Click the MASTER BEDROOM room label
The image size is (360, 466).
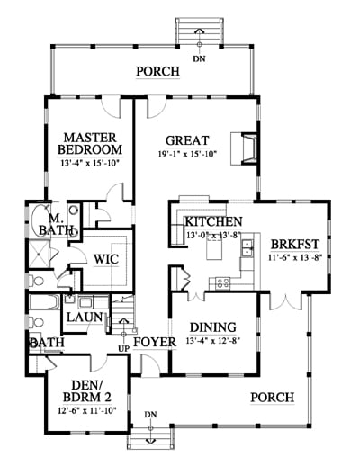(x=90, y=144)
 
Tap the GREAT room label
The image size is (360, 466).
(x=187, y=140)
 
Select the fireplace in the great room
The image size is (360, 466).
(x=244, y=148)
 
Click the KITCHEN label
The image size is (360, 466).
(x=213, y=221)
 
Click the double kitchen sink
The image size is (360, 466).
(x=247, y=248)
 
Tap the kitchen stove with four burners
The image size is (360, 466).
(x=223, y=282)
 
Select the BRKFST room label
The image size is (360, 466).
(x=295, y=245)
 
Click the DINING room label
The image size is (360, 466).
(x=213, y=327)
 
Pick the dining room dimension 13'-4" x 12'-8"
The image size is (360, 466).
(x=213, y=341)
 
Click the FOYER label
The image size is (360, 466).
(x=155, y=342)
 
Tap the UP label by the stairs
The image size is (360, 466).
(x=124, y=349)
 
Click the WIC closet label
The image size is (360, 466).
(x=106, y=259)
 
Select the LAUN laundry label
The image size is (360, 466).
(x=85, y=317)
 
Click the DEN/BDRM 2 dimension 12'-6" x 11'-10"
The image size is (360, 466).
(x=87, y=410)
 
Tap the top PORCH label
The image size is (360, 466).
(x=158, y=72)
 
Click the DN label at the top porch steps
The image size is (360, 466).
(x=199, y=58)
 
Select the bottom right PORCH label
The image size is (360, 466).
(x=273, y=398)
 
